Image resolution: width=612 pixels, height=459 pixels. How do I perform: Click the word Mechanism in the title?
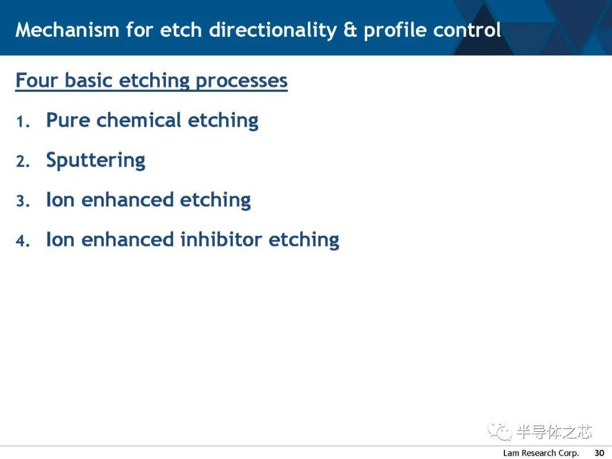[67, 29]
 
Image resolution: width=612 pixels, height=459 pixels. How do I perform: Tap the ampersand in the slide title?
[350, 29]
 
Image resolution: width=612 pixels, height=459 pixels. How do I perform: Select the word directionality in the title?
[273, 31]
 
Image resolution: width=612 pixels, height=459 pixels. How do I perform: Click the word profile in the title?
[394, 31]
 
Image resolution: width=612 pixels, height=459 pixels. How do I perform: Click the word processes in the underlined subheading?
[241, 81]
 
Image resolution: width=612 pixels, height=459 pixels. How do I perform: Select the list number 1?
[23, 122]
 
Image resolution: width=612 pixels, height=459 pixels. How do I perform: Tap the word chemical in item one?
[139, 120]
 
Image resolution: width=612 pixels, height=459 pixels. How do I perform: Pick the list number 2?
[23, 161]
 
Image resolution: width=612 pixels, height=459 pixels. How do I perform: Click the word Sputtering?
[96, 160]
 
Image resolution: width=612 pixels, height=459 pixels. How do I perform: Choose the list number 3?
[23, 201]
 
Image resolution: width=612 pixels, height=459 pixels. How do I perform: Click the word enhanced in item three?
[127, 199]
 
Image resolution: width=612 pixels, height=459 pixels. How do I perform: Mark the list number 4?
[23, 241]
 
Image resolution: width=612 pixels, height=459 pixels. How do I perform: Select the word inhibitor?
[221, 239]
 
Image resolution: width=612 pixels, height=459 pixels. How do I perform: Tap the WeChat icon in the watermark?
[500, 431]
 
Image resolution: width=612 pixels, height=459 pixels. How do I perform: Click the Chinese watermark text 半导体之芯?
[554, 431]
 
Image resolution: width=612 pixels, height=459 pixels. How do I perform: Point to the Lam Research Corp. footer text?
[541, 453]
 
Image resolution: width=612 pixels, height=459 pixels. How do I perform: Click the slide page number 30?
[599, 453]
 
